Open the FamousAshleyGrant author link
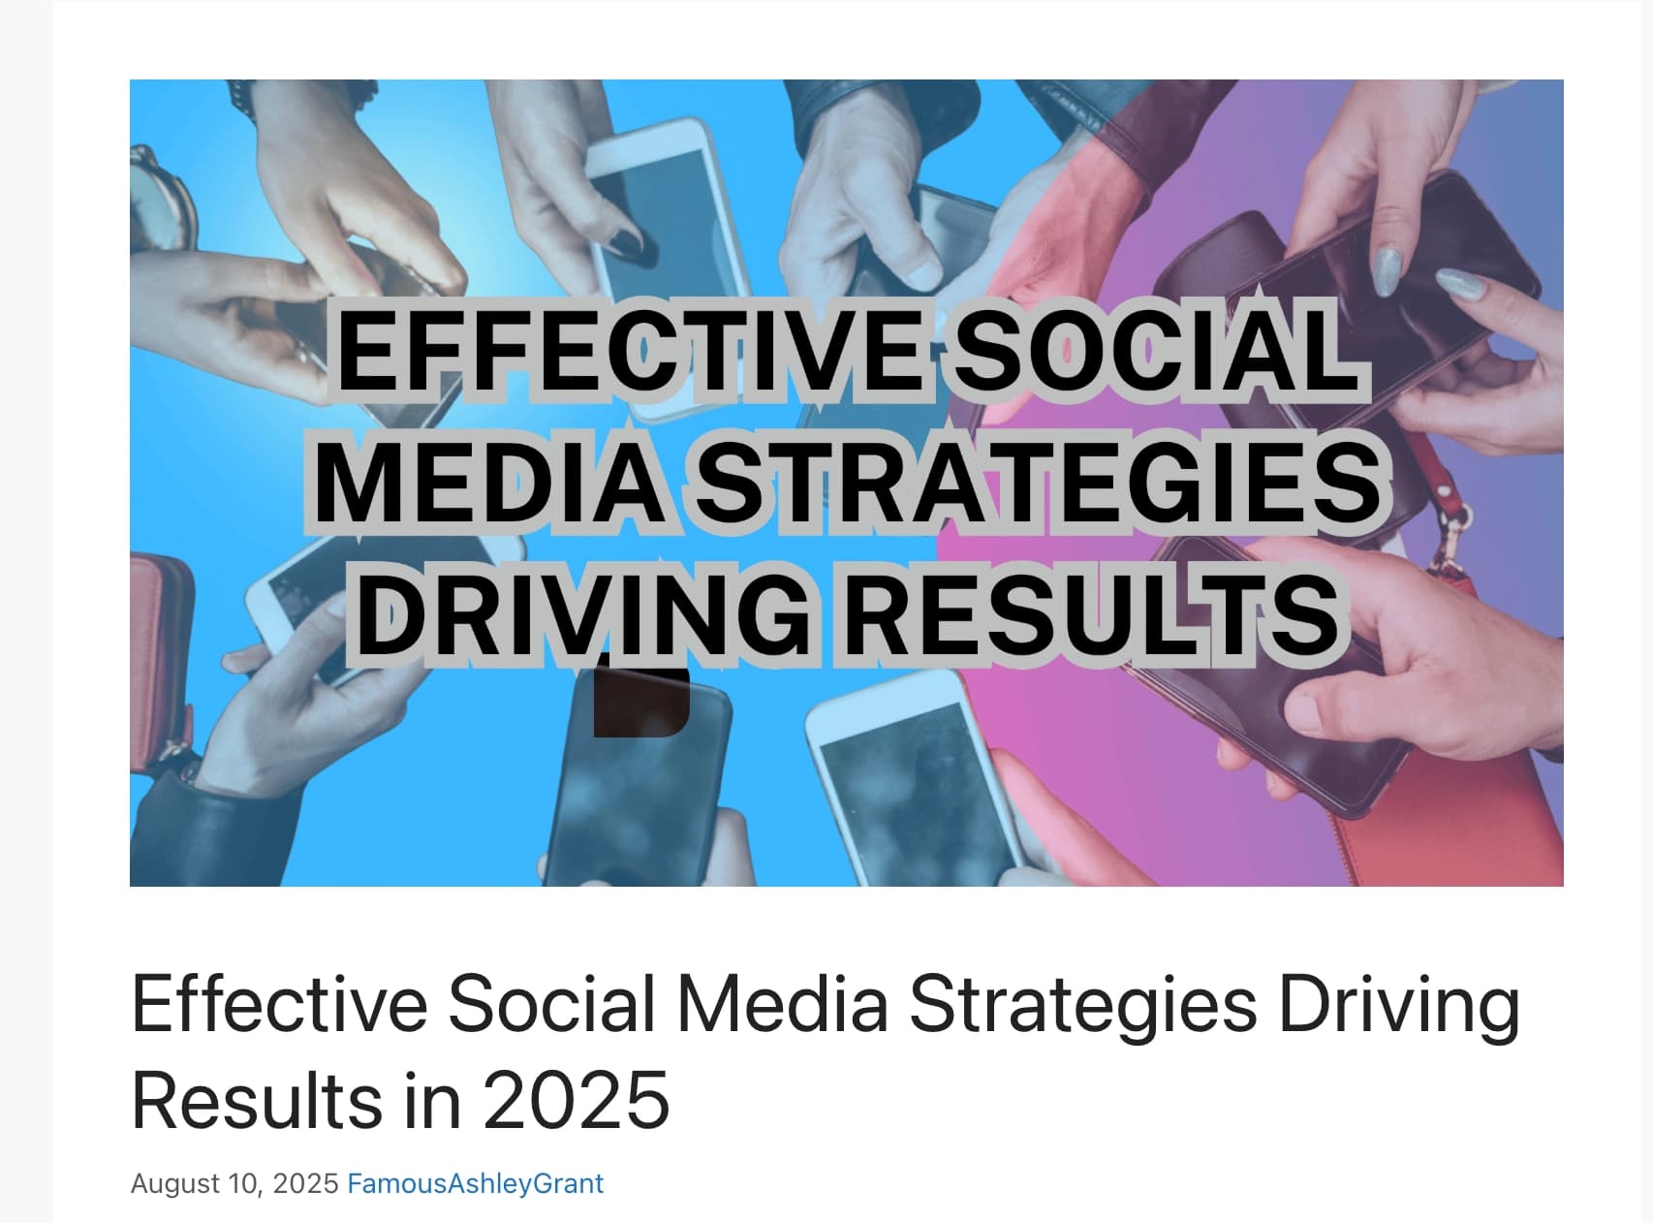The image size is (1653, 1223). pos(475,1183)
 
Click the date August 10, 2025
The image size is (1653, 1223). pos(234,1183)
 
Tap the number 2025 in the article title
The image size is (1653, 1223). pos(576,1101)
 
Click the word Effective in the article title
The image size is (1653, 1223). pos(279,1004)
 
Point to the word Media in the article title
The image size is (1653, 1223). pos(782,1004)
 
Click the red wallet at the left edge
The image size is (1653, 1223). pos(161,659)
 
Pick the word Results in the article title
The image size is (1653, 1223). pos(257,1101)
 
